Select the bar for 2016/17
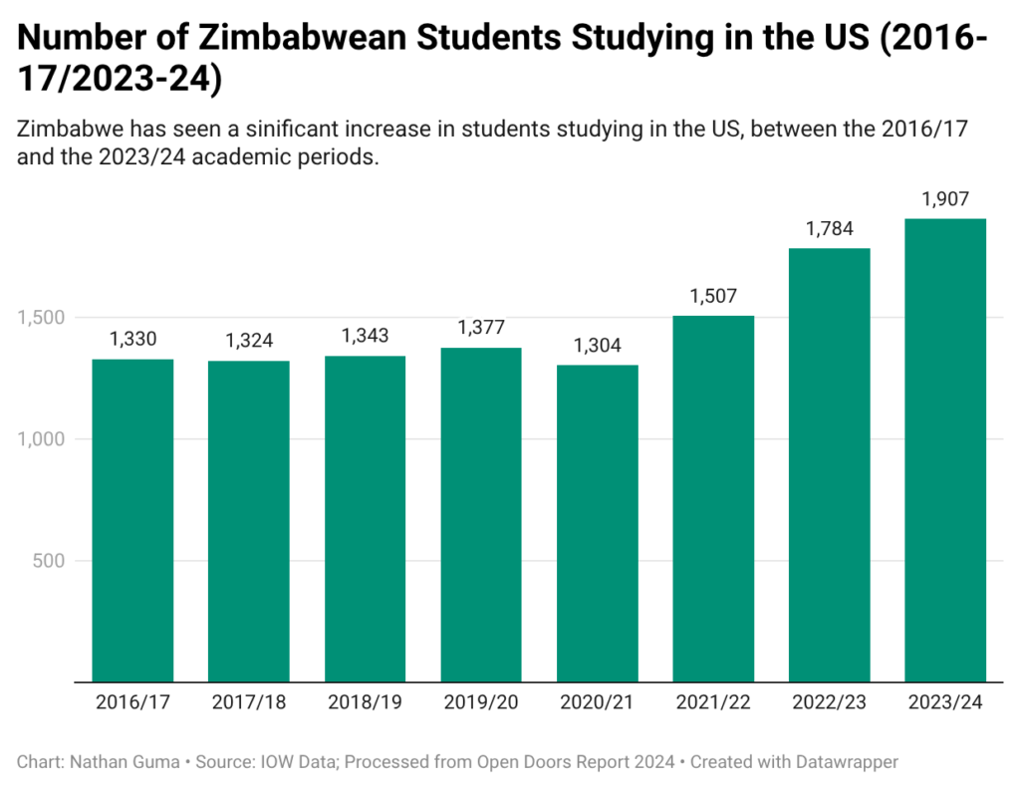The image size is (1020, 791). (x=132, y=520)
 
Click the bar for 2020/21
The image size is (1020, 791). (x=598, y=523)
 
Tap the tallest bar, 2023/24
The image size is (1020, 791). (x=945, y=450)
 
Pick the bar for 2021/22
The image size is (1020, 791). (x=713, y=498)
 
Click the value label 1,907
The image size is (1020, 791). (x=945, y=199)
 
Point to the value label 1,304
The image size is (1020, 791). (x=598, y=346)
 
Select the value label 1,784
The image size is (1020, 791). (x=830, y=229)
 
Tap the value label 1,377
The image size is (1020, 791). (x=481, y=328)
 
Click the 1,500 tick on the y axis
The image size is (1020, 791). (x=42, y=318)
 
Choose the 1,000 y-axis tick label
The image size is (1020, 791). (x=42, y=439)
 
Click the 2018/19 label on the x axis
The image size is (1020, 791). (x=365, y=702)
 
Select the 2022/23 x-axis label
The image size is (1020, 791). (x=830, y=702)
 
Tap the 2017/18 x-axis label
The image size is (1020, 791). (x=249, y=702)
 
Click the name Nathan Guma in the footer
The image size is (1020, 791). (x=123, y=762)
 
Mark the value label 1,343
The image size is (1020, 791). (x=365, y=337)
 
